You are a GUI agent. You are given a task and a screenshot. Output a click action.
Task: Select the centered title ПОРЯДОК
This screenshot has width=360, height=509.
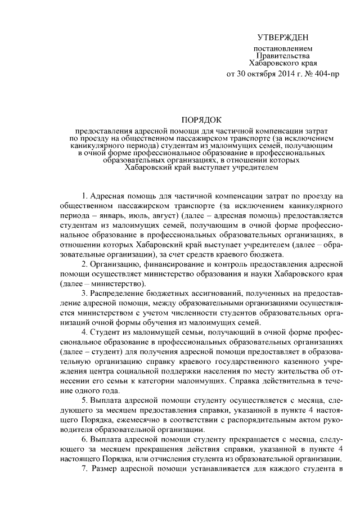coord(201,119)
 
